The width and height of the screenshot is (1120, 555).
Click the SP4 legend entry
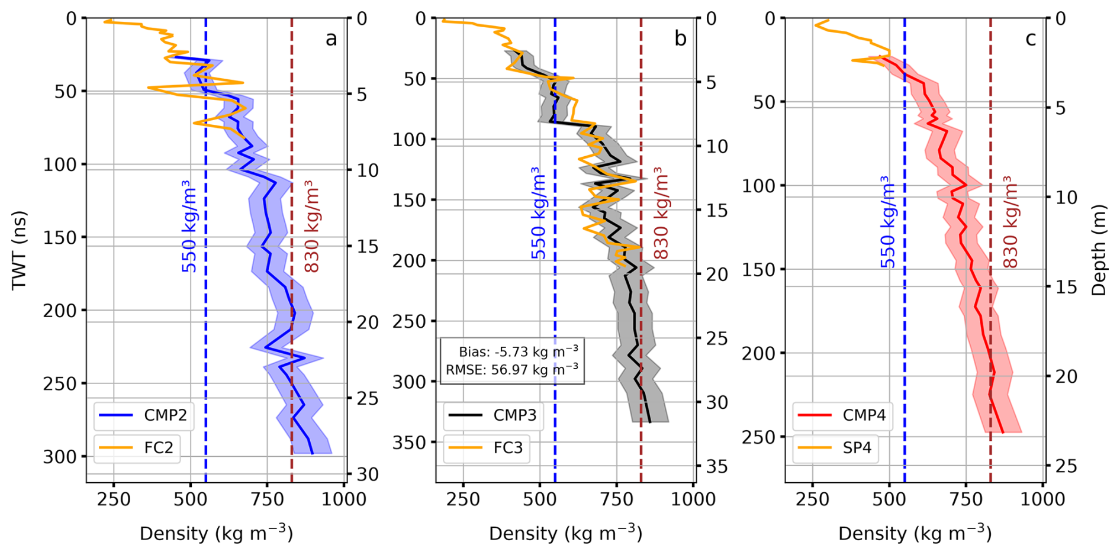835,447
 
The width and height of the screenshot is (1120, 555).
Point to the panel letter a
331,39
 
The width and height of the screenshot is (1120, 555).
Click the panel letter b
680,38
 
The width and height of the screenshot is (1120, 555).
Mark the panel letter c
1031,39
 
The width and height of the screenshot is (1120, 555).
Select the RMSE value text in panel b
512,370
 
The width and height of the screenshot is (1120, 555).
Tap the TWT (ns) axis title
20,250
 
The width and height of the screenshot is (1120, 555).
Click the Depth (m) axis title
1099,250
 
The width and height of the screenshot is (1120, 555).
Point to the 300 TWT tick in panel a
60,457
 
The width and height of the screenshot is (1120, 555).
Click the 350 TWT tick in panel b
410,443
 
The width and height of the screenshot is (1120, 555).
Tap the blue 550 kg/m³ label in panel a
189,226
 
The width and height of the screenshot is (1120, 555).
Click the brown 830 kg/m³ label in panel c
1011,222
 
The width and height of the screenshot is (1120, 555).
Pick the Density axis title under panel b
565,533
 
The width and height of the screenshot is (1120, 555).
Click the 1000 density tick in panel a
344,499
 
